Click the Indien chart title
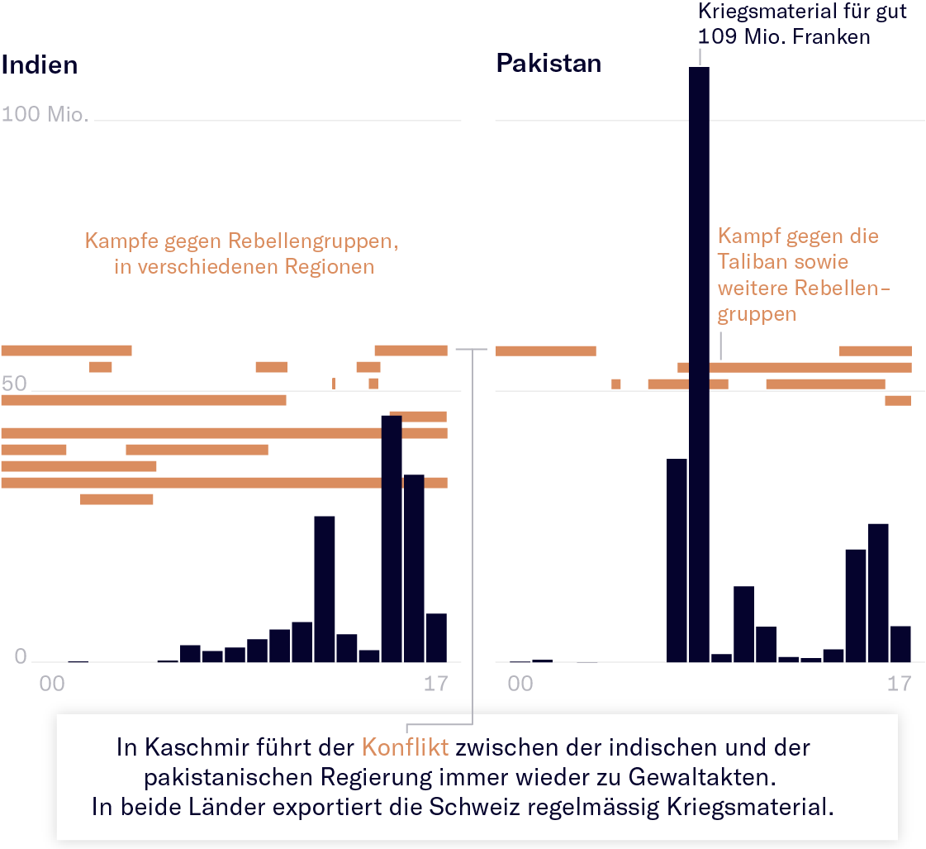[x=40, y=65]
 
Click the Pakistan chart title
[x=548, y=63]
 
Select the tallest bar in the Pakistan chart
[x=699, y=364]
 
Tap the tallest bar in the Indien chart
[x=392, y=537]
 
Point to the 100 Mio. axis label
[x=45, y=114]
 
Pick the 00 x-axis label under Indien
[x=51, y=684]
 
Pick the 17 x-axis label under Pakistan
[x=900, y=684]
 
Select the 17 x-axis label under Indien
[x=435, y=684]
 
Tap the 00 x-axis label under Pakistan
[x=520, y=684]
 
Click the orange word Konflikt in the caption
[x=405, y=748]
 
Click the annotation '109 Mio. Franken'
[x=784, y=36]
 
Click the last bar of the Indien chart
[x=436, y=637]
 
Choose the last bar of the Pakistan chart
[x=900, y=644]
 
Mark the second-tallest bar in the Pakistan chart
[x=677, y=560]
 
